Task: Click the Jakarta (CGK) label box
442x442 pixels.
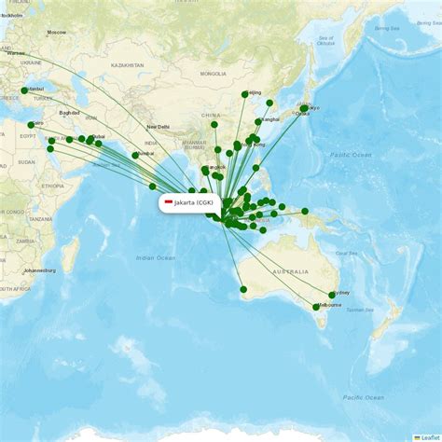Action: (x=189, y=202)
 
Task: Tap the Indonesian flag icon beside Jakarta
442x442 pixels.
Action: (x=169, y=202)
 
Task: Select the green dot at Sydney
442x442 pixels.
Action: (x=332, y=295)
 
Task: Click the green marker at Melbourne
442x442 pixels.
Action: (x=316, y=307)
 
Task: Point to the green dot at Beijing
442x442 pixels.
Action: (x=245, y=94)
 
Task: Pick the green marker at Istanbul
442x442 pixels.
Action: (x=24, y=91)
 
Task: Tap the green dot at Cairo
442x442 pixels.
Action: (x=31, y=125)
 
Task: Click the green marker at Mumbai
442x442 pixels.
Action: (x=135, y=155)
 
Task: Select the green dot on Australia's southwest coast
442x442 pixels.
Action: (x=243, y=289)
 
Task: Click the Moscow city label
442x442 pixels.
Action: (x=57, y=32)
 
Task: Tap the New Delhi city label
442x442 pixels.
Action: (x=158, y=127)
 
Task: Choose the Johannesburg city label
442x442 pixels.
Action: (x=39, y=270)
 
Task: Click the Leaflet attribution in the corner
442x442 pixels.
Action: (x=428, y=436)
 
